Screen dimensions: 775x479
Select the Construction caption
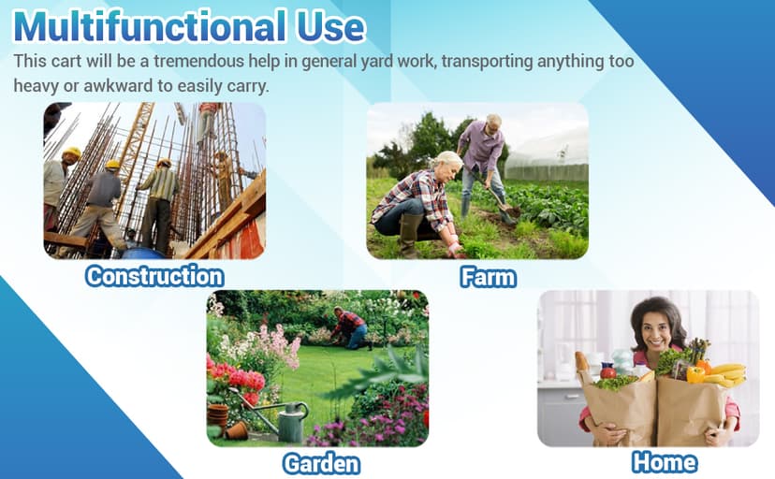(x=154, y=276)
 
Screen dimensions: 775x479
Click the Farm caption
(x=489, y=277)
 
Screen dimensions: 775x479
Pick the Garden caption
(x=321, y=464)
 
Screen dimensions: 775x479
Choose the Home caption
(x=665, y=462)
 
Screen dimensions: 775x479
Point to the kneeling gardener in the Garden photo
(x=350, y=327)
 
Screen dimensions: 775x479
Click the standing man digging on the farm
(x=485, y=167)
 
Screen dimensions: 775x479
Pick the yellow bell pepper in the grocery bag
(x=695, y=375)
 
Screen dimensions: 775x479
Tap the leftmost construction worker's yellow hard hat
(x=72, y=152)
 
